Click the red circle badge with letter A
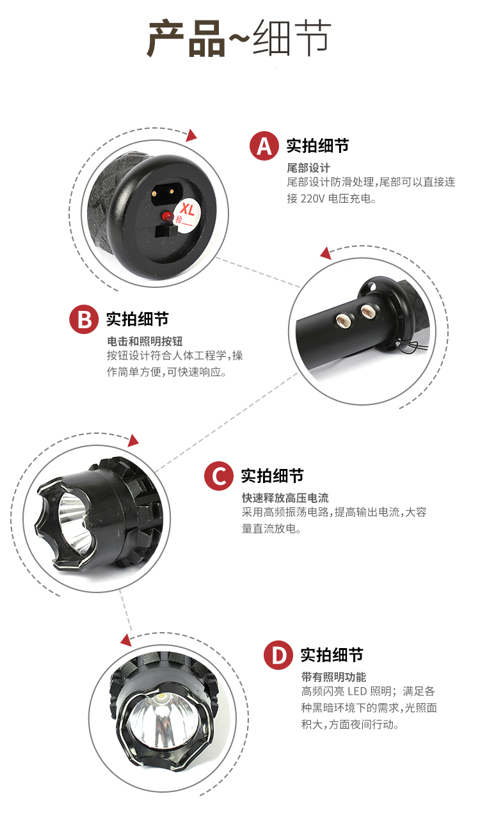(264, 146)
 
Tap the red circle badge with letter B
(84, 319)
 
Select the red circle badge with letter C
(219, 476)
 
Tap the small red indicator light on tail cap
(168, 215)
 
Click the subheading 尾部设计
(308, 168)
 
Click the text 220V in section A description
(314, 198)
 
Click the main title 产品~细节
(239, 39)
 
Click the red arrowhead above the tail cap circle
(190, 135)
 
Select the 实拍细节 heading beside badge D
(332, 654)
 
